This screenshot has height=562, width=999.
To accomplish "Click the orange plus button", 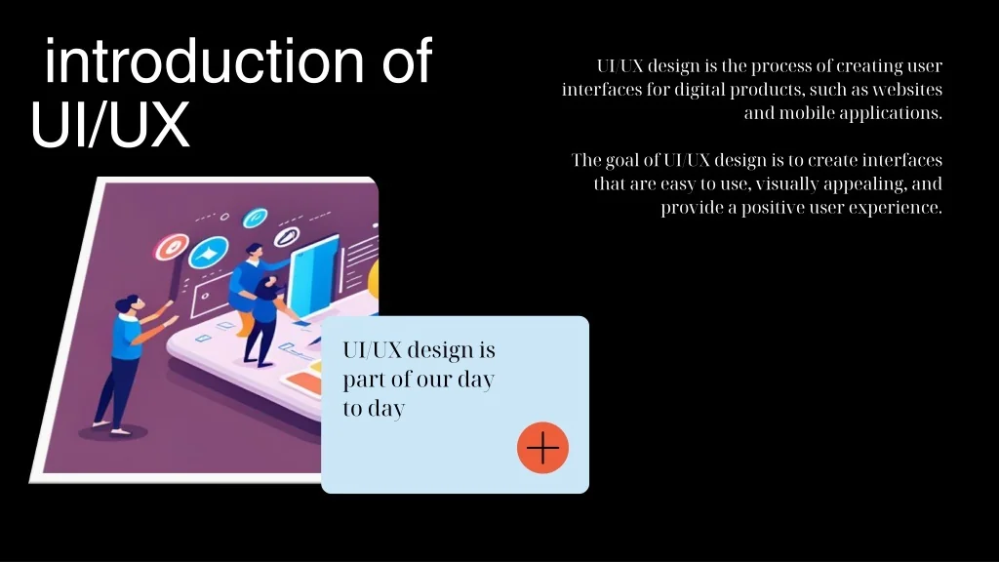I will pyautogui.click(x=542, y=449).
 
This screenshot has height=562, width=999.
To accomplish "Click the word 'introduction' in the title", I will pyautogui.click(x=199, y=61).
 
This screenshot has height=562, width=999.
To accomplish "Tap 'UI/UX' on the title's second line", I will pyautogui.click(x=109, y=127).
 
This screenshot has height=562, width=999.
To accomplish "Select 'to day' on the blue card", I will pyautogui.click(x=373, y=409).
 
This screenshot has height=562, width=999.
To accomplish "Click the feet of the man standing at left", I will pyautogui.click(x=108, y=425).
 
